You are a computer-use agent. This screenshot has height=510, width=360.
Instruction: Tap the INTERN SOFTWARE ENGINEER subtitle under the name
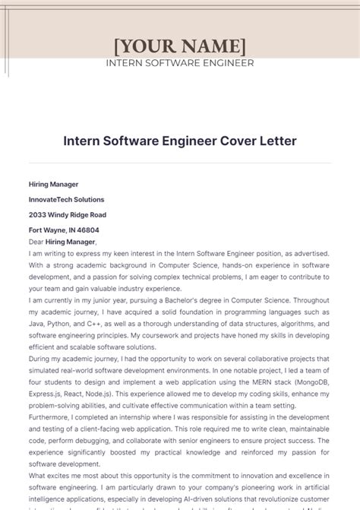tap(180, 63)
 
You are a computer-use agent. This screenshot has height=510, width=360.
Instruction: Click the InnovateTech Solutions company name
tap(67, 199)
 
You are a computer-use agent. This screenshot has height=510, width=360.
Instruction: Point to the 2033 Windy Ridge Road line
tap(68, 214)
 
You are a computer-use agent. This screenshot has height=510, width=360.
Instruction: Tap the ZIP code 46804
tap(87, 230)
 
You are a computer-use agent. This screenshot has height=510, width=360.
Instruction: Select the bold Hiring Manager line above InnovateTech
tap(53, 184)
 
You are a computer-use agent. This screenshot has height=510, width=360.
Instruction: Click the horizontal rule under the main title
tap(180, 163)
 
